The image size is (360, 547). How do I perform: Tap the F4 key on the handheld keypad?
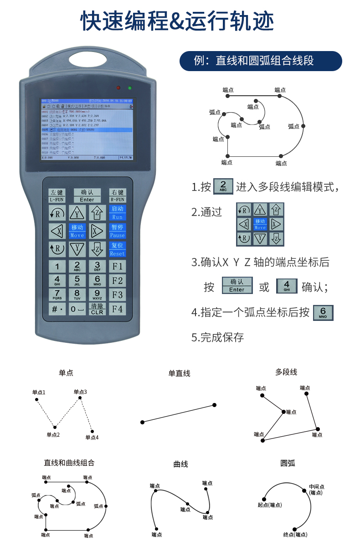[118, 309]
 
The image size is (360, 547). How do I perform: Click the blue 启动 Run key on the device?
[118, 212]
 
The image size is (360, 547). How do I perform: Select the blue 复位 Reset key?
[118, 249]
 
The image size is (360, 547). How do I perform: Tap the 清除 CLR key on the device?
[97, 309]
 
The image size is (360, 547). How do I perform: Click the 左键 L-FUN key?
[57, 196]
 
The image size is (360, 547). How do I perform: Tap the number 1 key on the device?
[57, 267]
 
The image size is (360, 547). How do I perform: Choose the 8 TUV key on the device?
[77, 294]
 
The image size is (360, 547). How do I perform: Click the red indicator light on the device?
[118, 88]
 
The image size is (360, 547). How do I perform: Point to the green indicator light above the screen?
[130, 88]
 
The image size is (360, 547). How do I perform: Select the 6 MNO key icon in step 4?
[323, 313]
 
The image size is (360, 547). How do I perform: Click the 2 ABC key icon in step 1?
[223, 186]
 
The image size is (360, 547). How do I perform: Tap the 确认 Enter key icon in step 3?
[237, 285]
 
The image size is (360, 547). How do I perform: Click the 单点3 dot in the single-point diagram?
[80, 398]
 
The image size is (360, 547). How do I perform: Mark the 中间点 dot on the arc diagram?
[304, 490]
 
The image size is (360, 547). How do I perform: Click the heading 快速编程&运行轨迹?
[180, 21]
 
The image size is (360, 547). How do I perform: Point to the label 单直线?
[179, 373]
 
